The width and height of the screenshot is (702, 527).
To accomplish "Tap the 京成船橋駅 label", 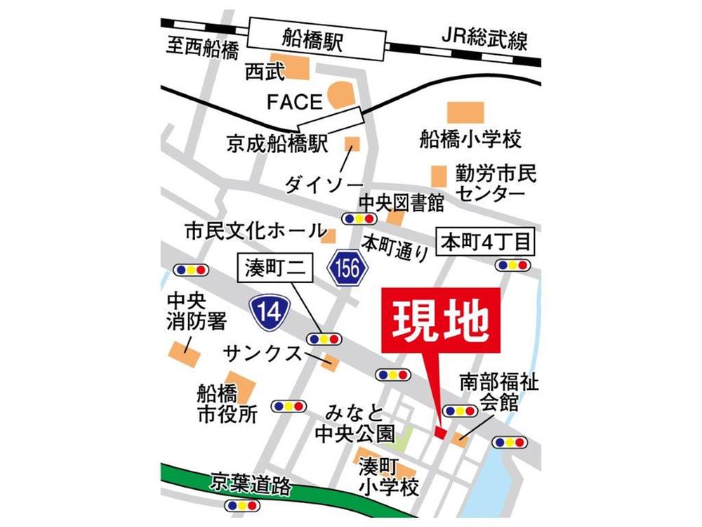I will [277, 145].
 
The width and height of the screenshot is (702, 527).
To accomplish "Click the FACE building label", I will [294, 102].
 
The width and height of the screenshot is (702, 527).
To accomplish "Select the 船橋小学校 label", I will [470, 139].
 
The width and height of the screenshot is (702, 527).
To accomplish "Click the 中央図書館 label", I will [402, 203].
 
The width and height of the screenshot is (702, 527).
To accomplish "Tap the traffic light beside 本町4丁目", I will [512, 265].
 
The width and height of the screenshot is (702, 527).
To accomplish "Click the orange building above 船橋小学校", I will [465, 111].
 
